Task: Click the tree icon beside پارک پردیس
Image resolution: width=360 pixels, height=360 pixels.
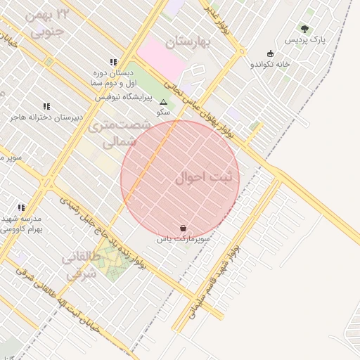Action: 304,29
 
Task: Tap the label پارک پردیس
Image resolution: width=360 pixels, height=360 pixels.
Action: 300,41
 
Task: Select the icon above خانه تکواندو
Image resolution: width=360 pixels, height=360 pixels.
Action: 271,53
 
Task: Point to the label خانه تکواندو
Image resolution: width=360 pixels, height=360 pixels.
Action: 271,65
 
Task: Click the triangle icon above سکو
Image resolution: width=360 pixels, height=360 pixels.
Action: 164,102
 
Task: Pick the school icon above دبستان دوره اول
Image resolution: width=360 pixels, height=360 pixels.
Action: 114,62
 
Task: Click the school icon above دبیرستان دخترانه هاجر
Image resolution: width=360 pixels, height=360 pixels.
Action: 46,106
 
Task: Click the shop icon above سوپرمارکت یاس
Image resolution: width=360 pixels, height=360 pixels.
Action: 184,228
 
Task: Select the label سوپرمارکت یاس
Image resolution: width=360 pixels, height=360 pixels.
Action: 184,240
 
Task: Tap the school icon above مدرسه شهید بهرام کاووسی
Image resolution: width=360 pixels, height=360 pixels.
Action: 21,207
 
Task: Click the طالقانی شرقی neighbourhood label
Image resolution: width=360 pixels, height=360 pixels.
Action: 81,266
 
